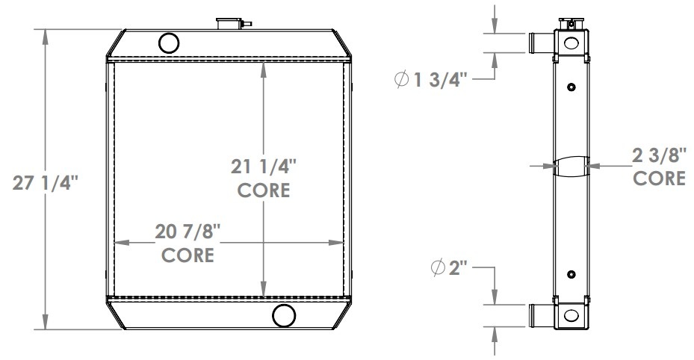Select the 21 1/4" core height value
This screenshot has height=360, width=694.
263,166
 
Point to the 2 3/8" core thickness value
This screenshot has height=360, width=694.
659,157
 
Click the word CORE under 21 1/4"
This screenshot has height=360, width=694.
263,190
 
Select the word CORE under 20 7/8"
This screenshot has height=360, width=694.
188,255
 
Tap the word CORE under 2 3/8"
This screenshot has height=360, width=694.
659,179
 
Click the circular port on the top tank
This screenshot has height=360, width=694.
170,43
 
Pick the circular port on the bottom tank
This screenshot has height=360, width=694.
283,317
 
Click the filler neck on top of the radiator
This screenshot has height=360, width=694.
226,23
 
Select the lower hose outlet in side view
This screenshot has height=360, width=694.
540,315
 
